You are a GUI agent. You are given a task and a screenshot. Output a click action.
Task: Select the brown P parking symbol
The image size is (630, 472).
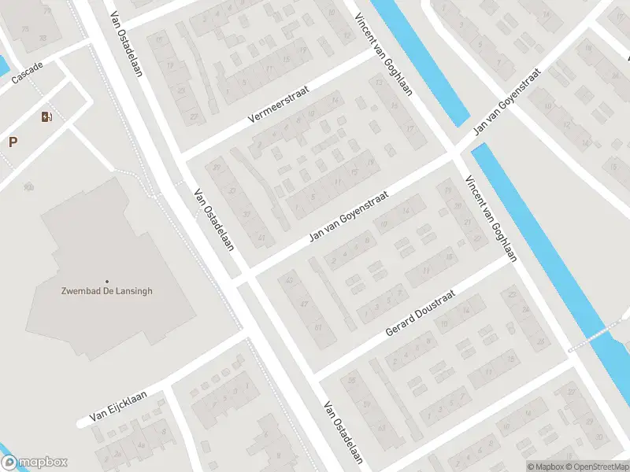[x=13, y=142]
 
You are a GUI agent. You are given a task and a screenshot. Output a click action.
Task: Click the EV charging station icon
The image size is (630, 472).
[x=47, y=117]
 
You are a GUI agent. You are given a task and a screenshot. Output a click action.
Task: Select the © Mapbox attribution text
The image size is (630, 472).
[x=548, y=466]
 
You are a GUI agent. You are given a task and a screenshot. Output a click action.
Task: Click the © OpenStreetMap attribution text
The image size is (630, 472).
[x=598, y=466]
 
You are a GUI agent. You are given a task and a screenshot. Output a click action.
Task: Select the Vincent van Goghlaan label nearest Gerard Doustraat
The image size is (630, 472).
[x=491, y=218]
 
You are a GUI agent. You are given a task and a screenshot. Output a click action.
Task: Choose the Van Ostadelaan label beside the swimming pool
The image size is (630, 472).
[x=215, y=218]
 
